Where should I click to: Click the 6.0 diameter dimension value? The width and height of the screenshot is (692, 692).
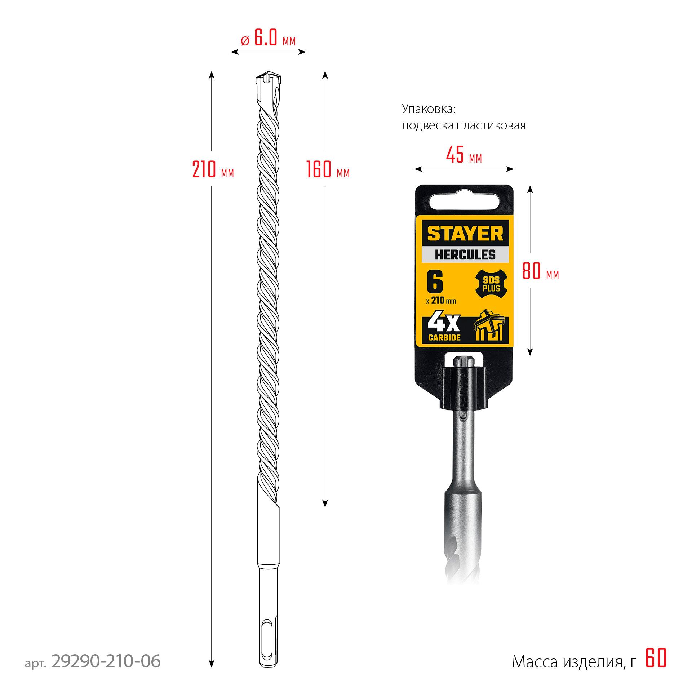coord(266,38)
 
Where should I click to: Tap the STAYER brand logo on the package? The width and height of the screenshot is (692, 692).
coord(465,234)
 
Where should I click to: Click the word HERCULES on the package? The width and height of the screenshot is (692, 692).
coord(465,255)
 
